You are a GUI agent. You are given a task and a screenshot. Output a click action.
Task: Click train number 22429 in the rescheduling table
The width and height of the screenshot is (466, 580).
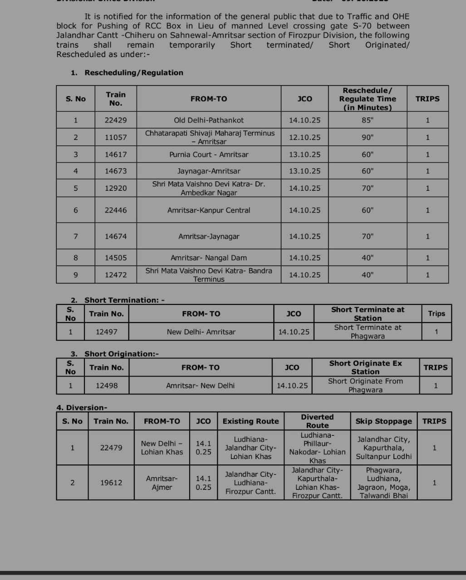pos(116,121)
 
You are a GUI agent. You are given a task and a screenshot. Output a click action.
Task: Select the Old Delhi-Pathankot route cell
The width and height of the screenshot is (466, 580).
pos(209,121)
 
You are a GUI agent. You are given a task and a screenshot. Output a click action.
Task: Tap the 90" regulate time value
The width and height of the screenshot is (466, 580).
pos(368,137)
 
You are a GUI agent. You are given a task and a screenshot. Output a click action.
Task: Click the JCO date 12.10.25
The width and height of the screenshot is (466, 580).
pos(304,137)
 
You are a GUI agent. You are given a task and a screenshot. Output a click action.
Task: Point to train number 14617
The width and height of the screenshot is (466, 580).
pos(116,155)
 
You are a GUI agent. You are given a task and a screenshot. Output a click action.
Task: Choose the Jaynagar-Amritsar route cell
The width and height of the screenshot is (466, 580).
pos(209,171)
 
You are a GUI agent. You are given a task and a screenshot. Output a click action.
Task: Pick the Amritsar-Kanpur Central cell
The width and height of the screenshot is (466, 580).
pos(209,210)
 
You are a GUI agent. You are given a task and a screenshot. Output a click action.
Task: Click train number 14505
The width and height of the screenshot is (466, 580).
pos(116,258)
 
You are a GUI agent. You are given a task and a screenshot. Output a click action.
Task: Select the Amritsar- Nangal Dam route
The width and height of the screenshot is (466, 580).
pos(209,258)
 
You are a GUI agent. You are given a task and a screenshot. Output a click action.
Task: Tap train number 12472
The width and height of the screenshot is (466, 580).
pos(116,275)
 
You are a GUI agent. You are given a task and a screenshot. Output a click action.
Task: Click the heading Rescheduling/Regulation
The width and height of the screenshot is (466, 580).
pos(134,72)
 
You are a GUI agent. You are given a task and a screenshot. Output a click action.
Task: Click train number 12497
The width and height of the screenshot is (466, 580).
pos(107,332)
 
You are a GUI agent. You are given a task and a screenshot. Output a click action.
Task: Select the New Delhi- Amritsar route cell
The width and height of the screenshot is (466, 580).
pos(201,332)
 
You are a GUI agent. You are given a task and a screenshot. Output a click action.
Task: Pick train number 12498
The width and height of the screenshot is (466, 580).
pos(107,386)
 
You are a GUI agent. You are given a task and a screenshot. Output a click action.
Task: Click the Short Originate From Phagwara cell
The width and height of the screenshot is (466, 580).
pos(365,386)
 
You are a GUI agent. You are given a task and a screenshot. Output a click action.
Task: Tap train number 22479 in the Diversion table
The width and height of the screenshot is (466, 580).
pos(111,448)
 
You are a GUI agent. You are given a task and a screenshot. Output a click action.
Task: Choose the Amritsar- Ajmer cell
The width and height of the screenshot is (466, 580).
pos(162,483)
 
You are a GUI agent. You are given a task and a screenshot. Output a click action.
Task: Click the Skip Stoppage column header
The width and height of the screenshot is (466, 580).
pos(383,421)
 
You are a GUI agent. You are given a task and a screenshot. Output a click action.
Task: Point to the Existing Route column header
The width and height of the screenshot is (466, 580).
pos(250,421)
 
